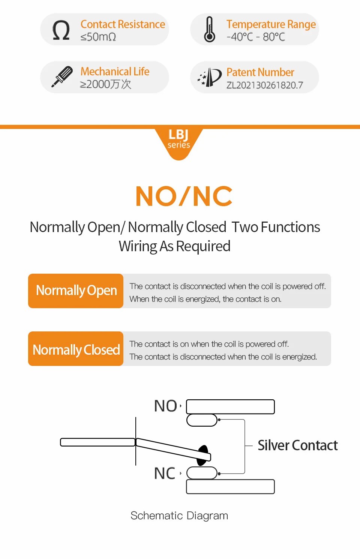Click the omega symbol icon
(61, 30)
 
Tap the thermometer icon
(210, 29)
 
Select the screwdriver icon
(62, 76)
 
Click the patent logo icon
(210, 77)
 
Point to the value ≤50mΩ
(98, 37)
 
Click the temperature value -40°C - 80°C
(256, 37)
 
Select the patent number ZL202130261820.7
(265, 85)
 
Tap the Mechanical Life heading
(115, 72)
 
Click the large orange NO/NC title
(184, 196)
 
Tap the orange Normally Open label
(76, 291)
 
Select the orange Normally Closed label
(76, 349)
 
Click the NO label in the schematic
(165, 406)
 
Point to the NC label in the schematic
(165, 473)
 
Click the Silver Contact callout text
(298, 445)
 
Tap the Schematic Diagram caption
(179, 516)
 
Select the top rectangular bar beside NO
(230, 407)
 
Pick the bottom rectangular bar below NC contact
(230, 487)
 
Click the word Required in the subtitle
(203, 247)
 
